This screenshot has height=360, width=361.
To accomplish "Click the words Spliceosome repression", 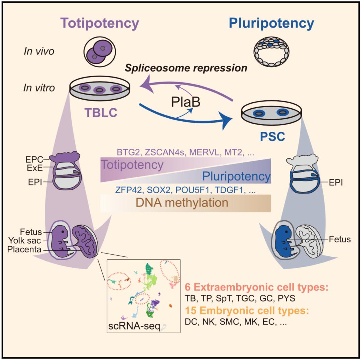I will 186,68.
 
